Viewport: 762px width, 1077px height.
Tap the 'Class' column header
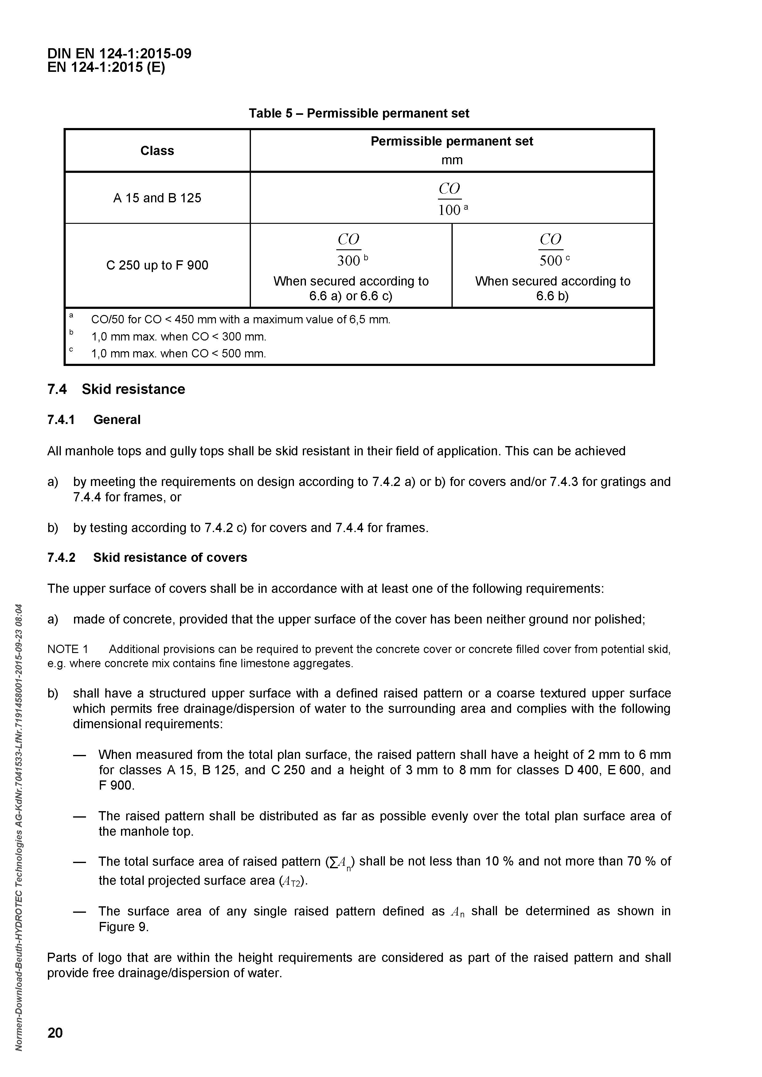(157, 150)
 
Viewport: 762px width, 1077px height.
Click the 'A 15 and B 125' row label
(157, 198)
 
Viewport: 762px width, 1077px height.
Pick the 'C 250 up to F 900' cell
(157, 266)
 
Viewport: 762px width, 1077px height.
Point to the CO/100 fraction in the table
(450, 199)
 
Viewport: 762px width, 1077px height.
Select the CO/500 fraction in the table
(551, 250)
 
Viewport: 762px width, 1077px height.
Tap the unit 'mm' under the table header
(452, 161)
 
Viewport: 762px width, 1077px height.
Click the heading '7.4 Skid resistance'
(116, 389)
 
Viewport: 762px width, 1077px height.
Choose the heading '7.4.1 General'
(94, 420)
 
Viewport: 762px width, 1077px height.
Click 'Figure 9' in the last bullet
(123, 927)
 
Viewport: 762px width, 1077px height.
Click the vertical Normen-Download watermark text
(19, 830)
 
